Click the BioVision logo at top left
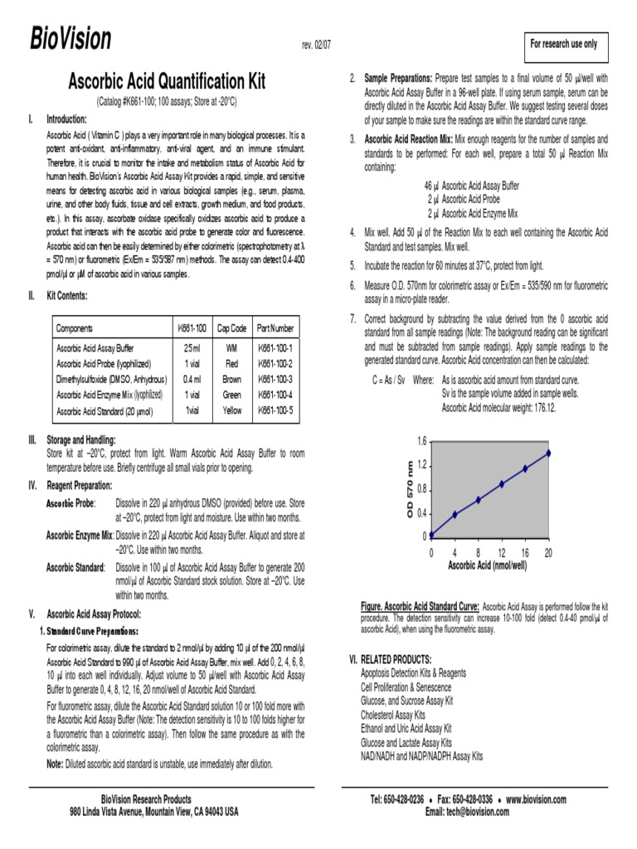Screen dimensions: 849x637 (71, 39)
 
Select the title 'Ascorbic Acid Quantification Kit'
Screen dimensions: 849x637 (166, 82)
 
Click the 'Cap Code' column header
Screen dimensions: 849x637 (231, 328)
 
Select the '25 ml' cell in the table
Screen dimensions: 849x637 (192, 349)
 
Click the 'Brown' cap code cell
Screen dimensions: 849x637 (231, 380)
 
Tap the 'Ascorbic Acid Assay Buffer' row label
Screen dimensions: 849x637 (95, 349)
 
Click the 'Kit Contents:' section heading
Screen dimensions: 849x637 (67, 295)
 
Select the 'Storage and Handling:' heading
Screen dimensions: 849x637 (81, 440)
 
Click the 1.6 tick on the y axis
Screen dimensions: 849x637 (421, 440)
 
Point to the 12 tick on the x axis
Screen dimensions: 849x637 (501, 552)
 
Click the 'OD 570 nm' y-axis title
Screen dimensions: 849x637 (409, 489)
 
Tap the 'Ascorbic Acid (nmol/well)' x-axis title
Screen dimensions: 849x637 (487, 565)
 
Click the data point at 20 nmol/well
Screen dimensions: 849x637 (548, 454)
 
